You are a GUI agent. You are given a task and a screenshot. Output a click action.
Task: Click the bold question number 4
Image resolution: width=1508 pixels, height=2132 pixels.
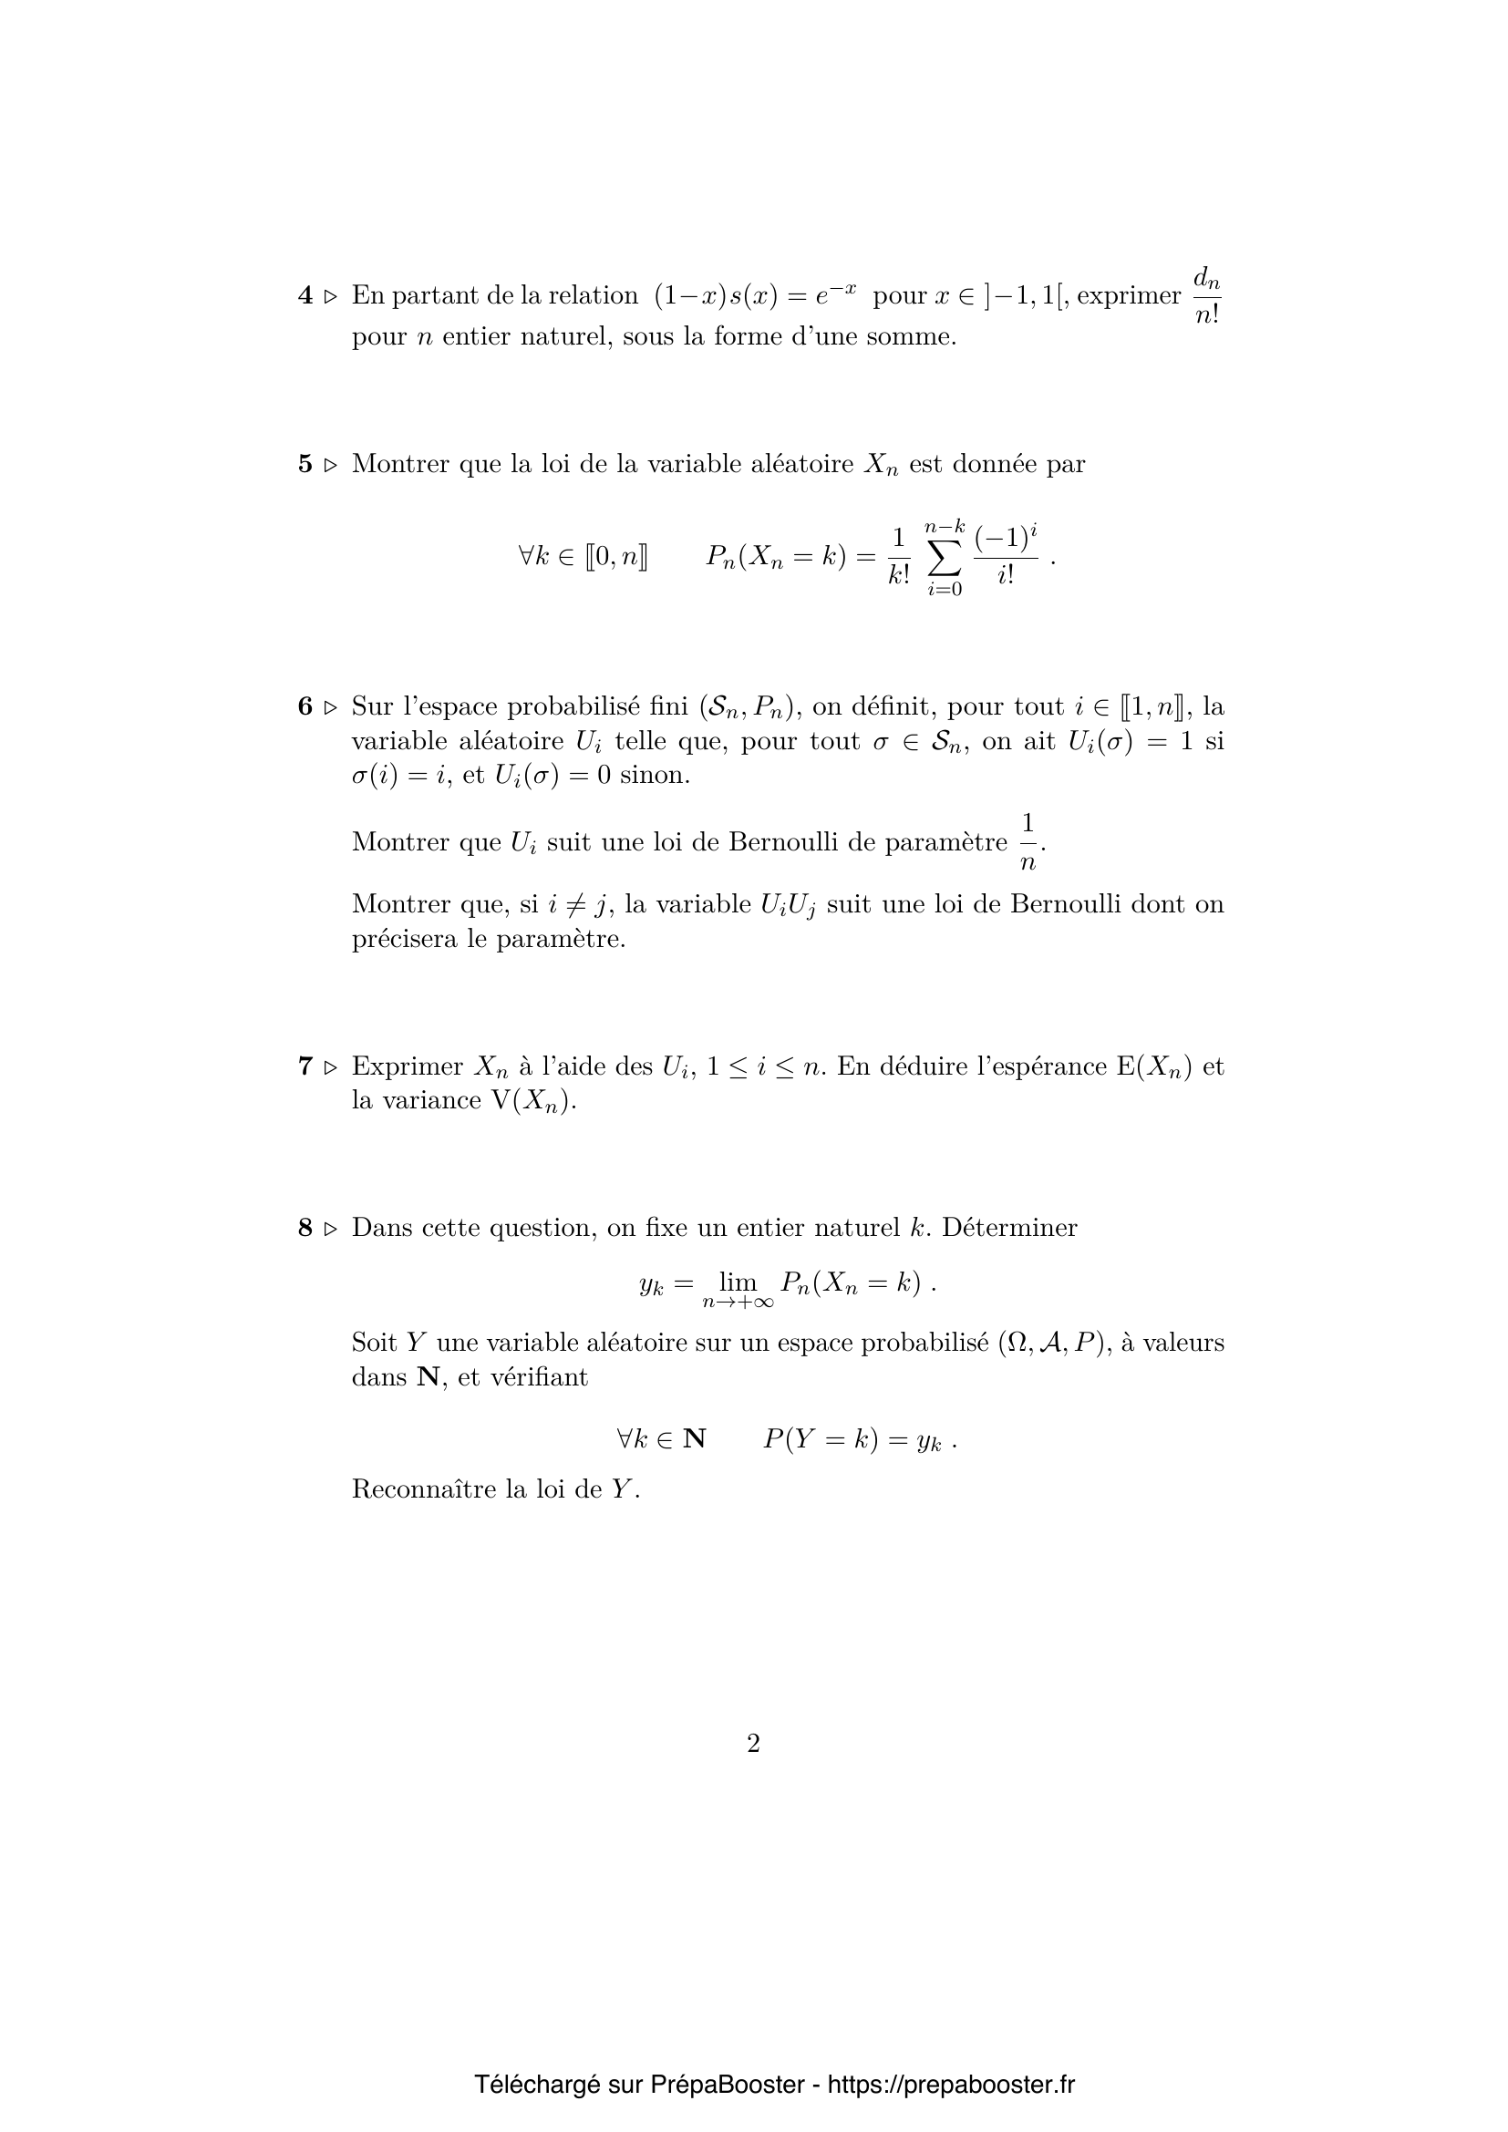(305, 296)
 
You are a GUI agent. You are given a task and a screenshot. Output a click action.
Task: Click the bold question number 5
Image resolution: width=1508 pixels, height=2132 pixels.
(305, 464)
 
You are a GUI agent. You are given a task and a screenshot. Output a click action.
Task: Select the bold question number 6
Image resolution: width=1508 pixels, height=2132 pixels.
(305, 706)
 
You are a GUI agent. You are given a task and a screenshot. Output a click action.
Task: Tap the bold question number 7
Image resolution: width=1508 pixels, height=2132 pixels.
(305, 1066)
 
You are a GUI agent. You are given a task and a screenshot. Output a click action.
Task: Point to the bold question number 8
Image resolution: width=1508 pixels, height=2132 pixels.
(305, 1228)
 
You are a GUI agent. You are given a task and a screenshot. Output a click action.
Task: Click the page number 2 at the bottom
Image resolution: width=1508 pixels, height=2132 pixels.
(753, 1744)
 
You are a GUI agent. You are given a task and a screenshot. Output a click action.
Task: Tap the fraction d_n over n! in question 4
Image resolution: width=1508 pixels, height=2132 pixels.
(1206, 296)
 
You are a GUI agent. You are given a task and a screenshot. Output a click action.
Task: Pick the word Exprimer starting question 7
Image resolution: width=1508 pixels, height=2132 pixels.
(407, 1066)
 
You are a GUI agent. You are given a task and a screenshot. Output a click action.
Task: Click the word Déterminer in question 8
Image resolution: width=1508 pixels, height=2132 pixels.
(1009, 1228)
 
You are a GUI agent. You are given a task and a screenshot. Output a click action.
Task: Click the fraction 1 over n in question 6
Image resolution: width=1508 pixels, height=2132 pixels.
(1027, 842)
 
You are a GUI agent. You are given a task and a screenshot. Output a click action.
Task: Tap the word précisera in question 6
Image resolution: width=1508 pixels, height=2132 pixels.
(404, 940)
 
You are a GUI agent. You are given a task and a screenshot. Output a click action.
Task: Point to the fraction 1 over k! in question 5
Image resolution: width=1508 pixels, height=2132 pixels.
(898, 557)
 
